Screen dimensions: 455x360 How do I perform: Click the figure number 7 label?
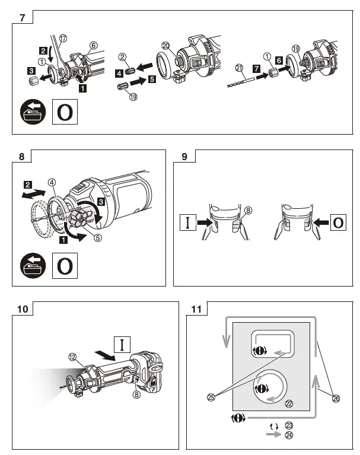coord(22,17)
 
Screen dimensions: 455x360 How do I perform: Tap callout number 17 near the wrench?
coord(63,39)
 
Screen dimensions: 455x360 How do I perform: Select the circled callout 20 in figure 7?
coord(165,46)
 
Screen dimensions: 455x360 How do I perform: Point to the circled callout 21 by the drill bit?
coord(239,67)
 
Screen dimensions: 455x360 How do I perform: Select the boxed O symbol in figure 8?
coord(65,266)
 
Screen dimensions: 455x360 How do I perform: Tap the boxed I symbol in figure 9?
coord(187,224)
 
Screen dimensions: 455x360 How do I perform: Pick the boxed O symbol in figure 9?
coord(337,224)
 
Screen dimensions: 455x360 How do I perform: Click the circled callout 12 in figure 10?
coord(72,357)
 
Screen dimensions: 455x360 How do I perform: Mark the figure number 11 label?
coord(196,309)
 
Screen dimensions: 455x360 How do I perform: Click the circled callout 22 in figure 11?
coord(289,404)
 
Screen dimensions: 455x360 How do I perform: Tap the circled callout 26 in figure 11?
coord(336,399)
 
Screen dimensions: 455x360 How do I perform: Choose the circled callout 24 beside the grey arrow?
coord(289,434)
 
